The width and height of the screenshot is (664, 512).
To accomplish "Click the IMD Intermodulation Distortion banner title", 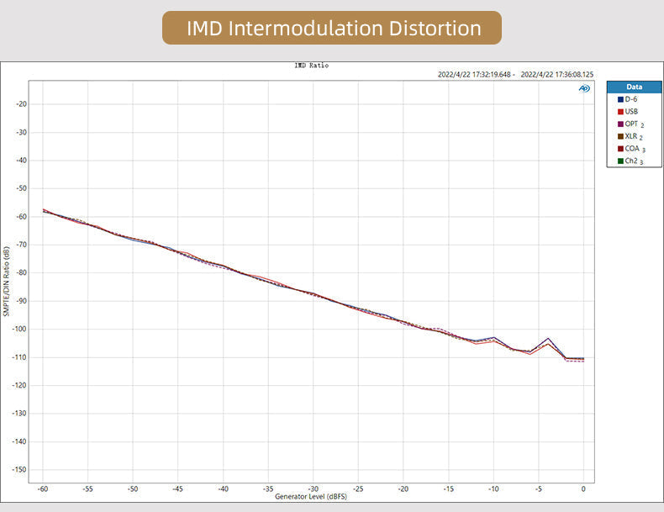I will pyautogui.click(x=332, y=29).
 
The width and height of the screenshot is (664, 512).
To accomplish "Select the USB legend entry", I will pyautogui.click(x=630, y=111).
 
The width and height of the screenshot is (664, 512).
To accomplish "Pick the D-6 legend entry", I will pyautogui.click(x=630, y=99).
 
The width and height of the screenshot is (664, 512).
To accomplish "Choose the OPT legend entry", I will pyautogui.click(x=632, y=124).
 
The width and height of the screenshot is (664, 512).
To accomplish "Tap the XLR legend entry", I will pyautogui.click(x=632, y=135).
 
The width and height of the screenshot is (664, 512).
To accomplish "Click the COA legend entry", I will pyautogui.click(x=632, y=148).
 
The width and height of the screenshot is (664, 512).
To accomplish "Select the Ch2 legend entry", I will pyautogui.click(x=632, y=161).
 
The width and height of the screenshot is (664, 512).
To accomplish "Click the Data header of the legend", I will pyautogui.click(x=635, y=87).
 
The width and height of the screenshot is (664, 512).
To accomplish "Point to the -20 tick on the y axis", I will pyautogui.click(x=21, y=104).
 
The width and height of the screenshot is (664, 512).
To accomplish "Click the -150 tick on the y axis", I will pyautogui.click(x=19, y=469).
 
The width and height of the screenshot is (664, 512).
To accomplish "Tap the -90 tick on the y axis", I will pyautogui.click(x=21, y=301).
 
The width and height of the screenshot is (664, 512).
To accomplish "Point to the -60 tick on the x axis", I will pyautogui.click(x=43, y=488).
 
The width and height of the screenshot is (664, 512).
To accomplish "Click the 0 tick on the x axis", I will pyautogui.click(x=583, y=488).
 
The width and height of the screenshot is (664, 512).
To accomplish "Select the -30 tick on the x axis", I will pyautogui.click(x=313, y=488).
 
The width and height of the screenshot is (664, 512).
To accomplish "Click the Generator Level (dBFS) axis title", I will pyautogui.click(x=312, y=497).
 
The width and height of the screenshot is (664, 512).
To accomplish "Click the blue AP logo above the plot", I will pyautogui.click(x=584, y=88).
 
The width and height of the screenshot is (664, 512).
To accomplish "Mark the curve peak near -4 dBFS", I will pyautogui.click(x=548, y=338).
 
